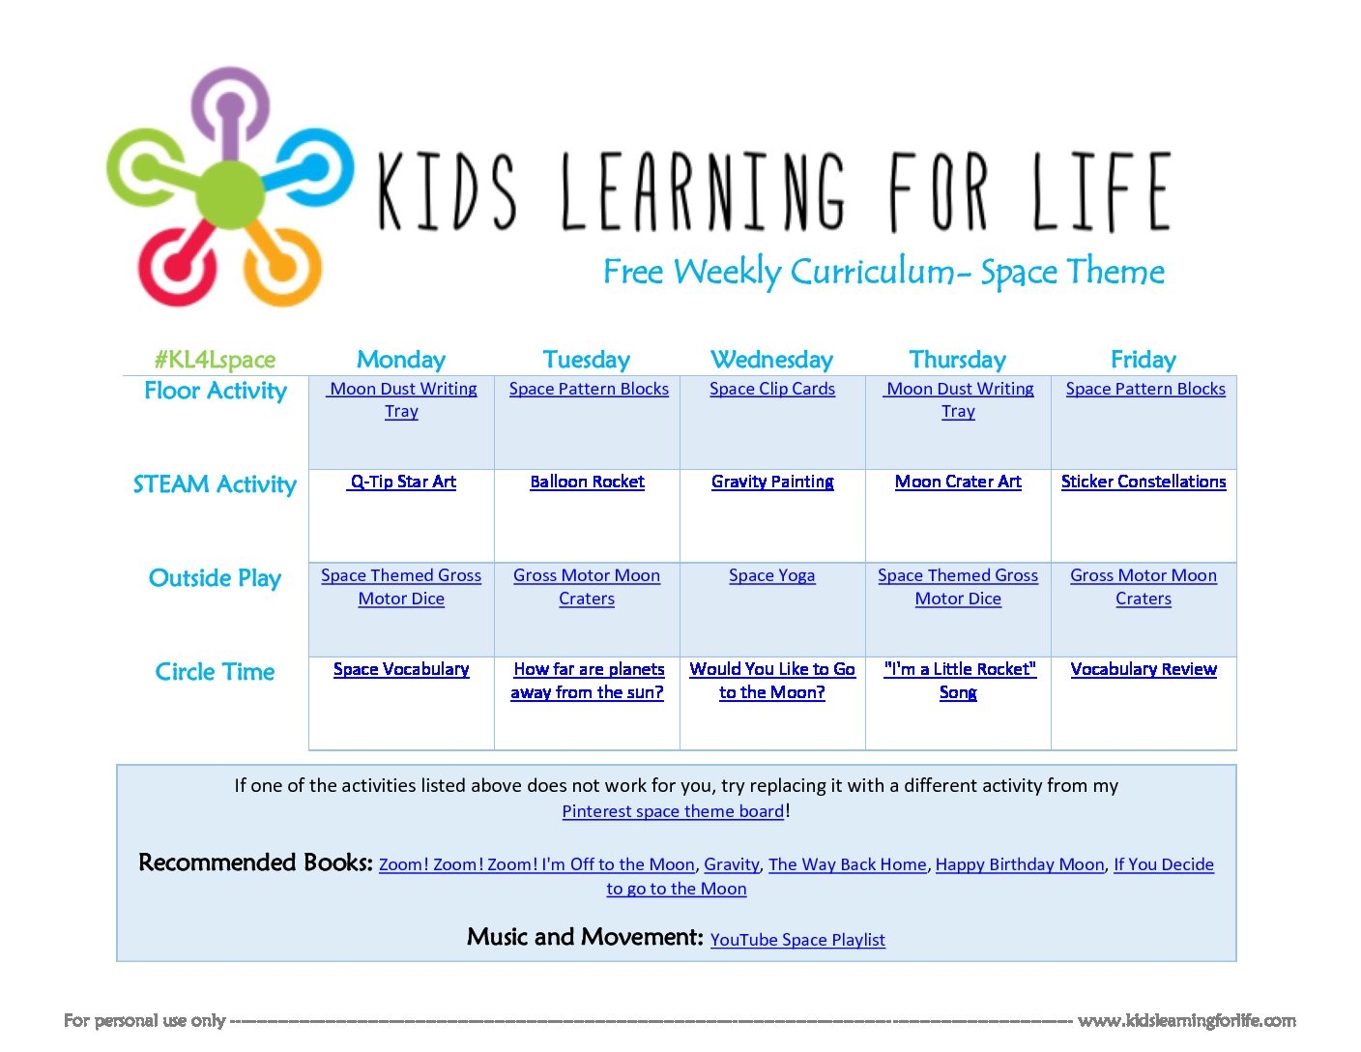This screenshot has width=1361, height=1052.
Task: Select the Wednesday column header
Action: pos(771,360)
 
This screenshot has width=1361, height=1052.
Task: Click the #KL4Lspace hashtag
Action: pos(215,360)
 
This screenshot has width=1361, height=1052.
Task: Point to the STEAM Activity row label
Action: pos(215,484)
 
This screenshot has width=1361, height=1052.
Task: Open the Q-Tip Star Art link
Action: pos(402,482)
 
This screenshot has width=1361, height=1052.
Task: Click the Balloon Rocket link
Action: pos(587,482)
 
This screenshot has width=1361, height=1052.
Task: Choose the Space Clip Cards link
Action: pos(772,389)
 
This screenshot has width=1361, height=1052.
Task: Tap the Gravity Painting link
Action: pos(772,482)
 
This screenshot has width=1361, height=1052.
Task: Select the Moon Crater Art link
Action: pos(958,482)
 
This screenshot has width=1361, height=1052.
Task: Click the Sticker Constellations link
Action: pos(1144,482)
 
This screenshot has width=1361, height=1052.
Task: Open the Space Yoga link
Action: pos(771,576)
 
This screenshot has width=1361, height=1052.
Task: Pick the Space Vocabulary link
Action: pos(401,669)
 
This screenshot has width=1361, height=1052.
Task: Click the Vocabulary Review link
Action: pos(1144,669)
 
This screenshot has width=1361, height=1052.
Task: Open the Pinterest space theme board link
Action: pos(673,811)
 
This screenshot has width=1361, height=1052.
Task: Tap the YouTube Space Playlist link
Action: pos(797,940)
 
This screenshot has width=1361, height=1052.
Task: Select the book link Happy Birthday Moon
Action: pos(1020,864)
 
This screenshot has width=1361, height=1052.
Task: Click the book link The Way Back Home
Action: pos(848,864)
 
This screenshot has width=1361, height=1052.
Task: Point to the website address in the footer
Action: pos(1187,1021)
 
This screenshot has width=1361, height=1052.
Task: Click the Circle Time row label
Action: pos(215,672)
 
